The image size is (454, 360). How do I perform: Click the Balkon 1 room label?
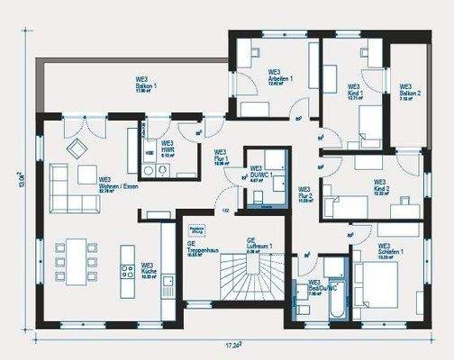[147, 86]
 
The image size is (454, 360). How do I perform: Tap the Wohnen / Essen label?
[118, 184]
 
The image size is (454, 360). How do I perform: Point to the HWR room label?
[168, 148]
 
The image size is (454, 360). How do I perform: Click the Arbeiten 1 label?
[279, 77]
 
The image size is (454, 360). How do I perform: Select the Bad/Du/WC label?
[320, 287]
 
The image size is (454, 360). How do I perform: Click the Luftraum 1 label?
[259, 245]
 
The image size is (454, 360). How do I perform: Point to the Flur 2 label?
[305, 195]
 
